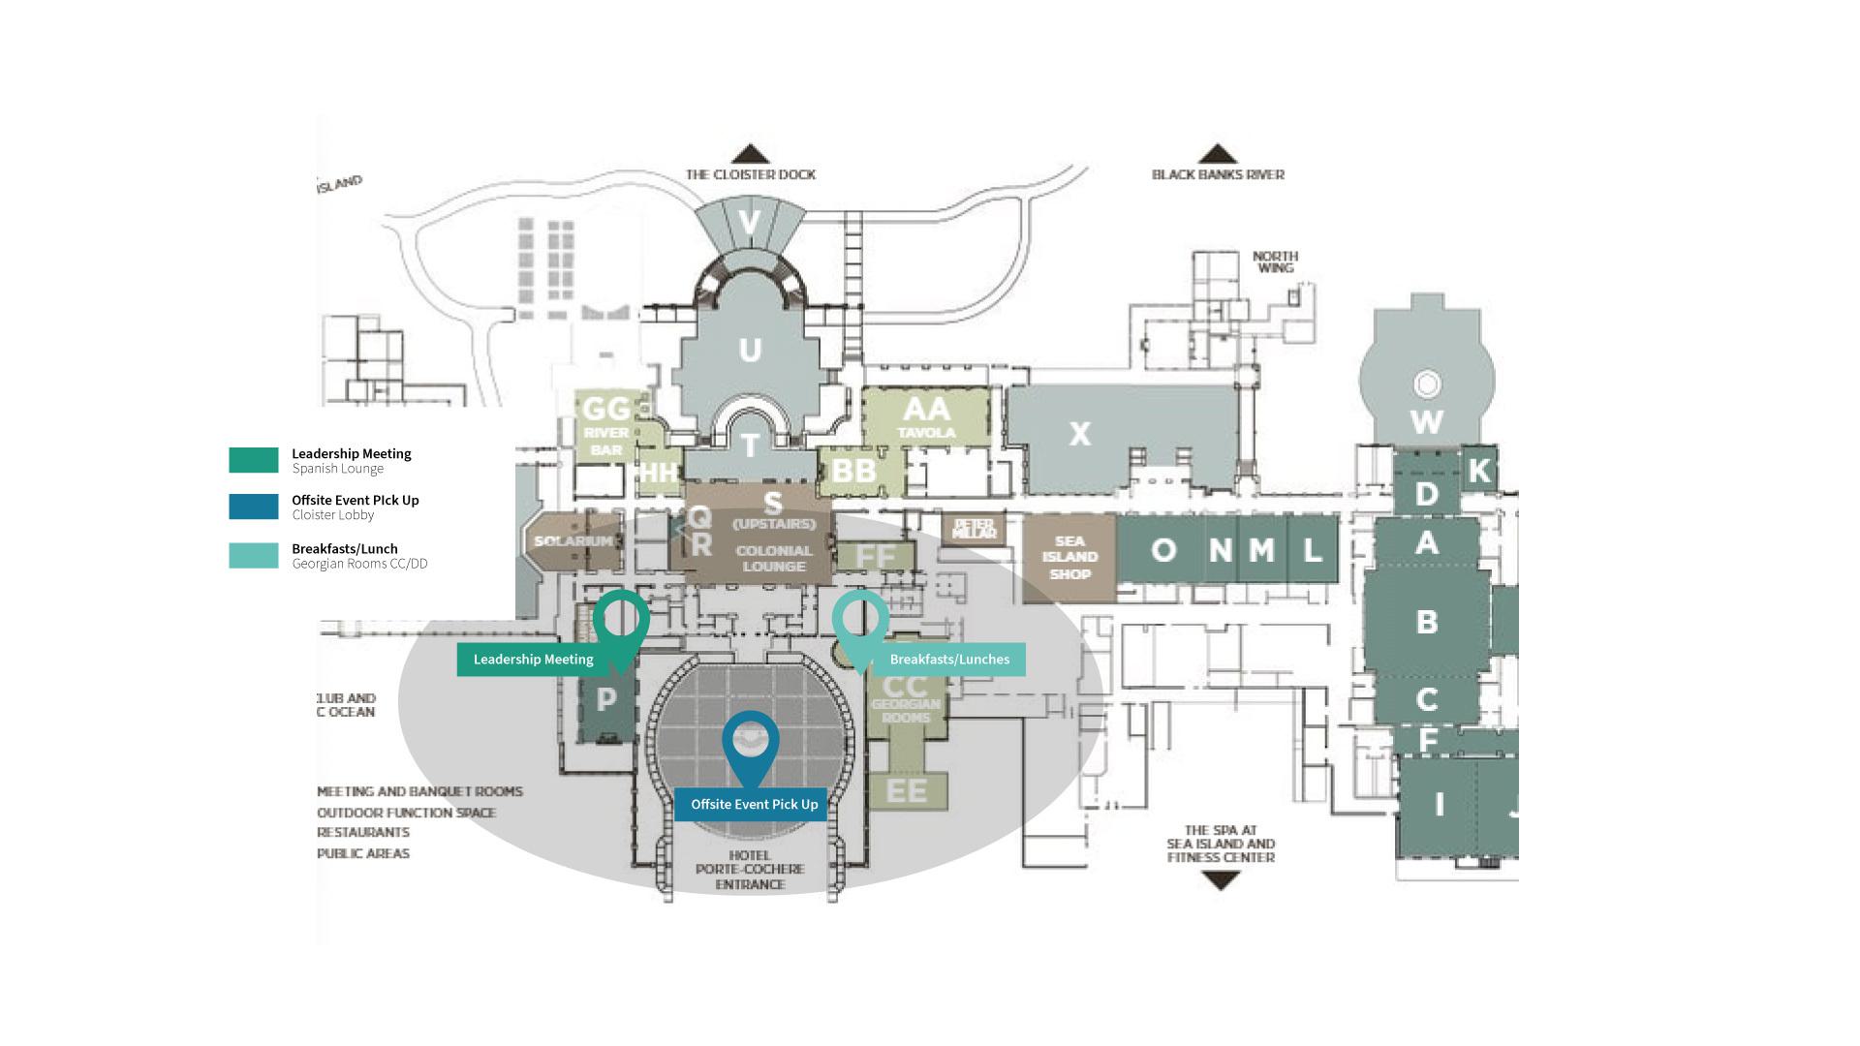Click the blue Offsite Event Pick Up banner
tap(753, 805)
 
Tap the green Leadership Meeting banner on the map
tap(533, 660)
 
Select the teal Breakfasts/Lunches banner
tap(948, 660)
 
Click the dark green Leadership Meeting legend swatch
tap(254, 460)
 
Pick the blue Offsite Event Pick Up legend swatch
tap(254, 507)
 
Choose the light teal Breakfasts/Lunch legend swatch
tap(254, 555)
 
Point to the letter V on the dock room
tap(749, 224)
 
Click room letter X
tap(1079, 435)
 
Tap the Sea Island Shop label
tap(1069, 557)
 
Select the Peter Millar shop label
tap(974, 529)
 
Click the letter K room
tap(1479, 471)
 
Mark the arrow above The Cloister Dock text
tap(750, 154)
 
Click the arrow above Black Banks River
tap(1218, 154)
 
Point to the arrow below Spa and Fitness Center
tap(1220, 880)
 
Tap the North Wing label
tap(1275, 261)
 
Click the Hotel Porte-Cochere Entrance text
tap(750, 870)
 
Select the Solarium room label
tap(573, 541)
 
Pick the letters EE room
tap(907, 791)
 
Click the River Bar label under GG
tap(606, 441)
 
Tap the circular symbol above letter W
tap(1426, 385)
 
